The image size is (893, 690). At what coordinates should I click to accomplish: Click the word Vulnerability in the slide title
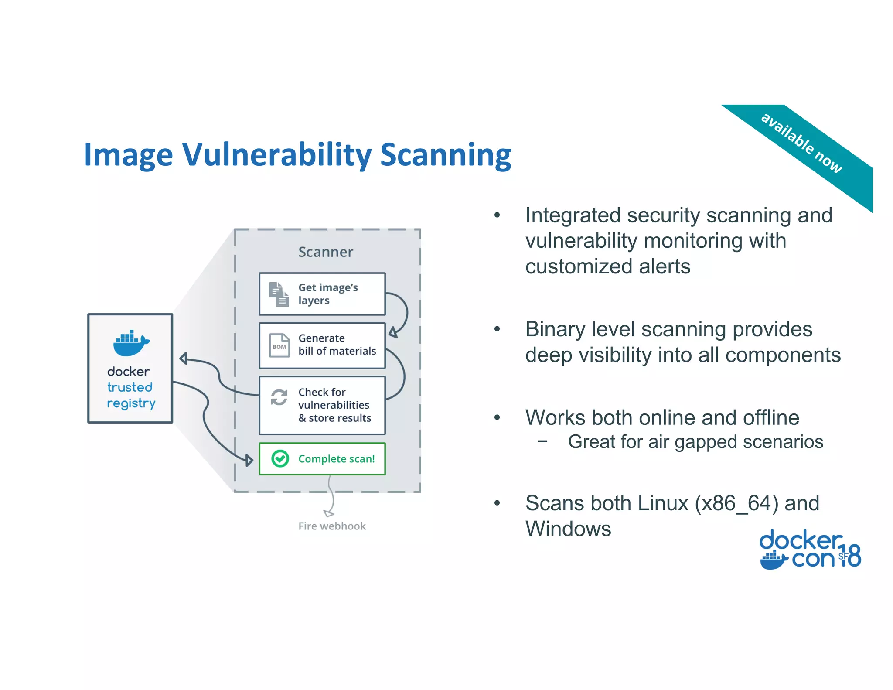click(277, 155)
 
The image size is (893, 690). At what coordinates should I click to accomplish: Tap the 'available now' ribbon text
click(801, 143)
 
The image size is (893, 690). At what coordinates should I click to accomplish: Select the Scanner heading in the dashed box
click(325, 252)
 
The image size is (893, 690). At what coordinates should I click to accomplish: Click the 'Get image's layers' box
click(322, 294)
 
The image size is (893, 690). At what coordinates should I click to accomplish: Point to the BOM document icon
click(279, 346)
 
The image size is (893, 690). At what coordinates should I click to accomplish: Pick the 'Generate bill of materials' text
click(337, 345)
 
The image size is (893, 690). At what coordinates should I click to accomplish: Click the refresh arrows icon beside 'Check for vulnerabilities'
click(279, 397)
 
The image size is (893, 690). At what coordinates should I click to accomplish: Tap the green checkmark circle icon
click(280, 458)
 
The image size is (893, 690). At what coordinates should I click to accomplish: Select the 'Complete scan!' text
click(336, 459)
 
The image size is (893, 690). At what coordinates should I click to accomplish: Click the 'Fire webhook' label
click(332, 526)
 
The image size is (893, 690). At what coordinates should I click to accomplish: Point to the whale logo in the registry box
click(131, 343)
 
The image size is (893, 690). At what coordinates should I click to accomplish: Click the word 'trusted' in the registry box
click(130, 387)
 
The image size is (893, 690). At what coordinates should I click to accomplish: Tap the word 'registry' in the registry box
click(131, 403)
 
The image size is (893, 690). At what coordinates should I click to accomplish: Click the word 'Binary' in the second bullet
click(554, 329)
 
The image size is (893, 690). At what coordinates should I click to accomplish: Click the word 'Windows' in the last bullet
click(568, 529)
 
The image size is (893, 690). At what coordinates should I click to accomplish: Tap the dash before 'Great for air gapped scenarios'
click(542, 441)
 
